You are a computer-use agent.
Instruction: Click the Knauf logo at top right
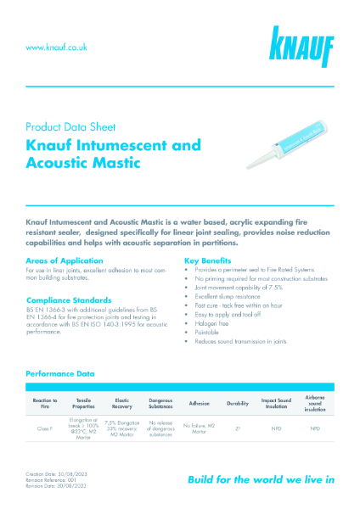coord(302,48)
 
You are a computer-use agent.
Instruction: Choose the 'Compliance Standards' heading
coord(70,299)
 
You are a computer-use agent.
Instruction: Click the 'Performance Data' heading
coord(59,373)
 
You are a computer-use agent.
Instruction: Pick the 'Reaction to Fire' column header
coord(44,403)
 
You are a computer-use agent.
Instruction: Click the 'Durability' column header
coord(238,403)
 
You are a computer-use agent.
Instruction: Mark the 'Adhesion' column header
coord(199,403)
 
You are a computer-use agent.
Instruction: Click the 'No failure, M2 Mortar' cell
coord(199,428)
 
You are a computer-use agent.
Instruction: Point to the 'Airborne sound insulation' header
coord(315,403)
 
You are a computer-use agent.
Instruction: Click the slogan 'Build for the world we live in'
coord(261,479)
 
